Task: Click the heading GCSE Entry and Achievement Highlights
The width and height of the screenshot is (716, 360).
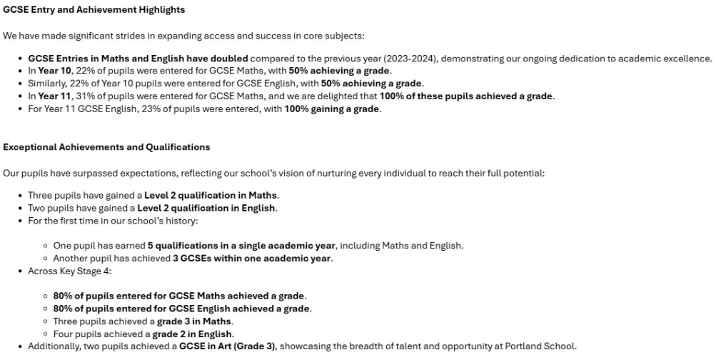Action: (x=94, y=10)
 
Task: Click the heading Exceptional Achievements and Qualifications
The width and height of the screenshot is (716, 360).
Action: (x=106, y=147)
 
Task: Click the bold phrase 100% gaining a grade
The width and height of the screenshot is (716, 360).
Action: (x=333, y=109)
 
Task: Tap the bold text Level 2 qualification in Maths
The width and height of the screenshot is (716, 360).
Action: (x=211, y=196)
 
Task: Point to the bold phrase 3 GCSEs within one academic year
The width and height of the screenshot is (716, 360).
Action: (x=252, y=259)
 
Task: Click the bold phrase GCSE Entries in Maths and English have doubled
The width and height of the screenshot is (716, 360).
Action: (x=138, y=59)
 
